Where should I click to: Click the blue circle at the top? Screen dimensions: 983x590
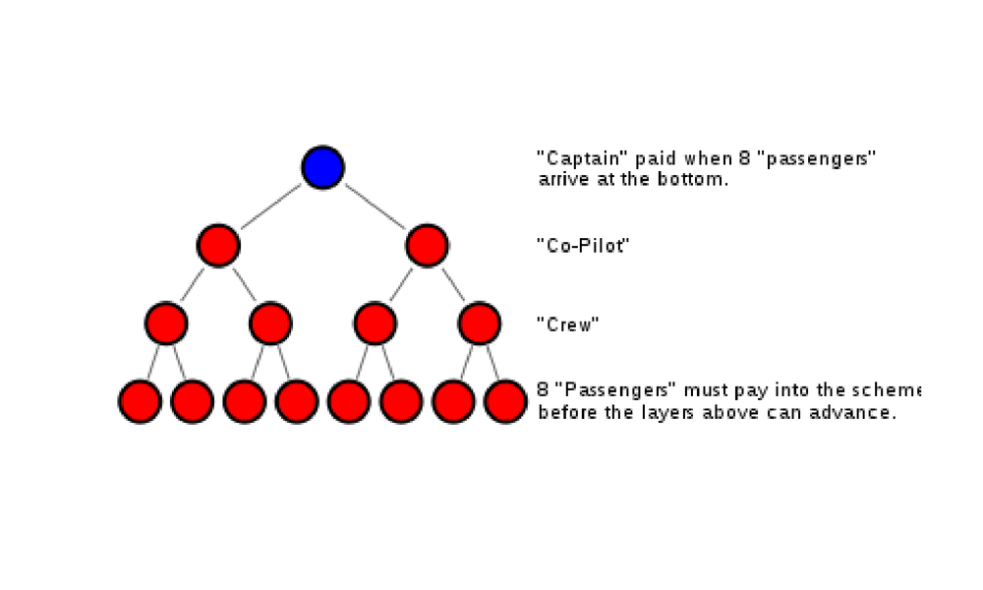point(322,167)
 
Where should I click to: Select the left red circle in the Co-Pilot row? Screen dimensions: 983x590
point(218,246)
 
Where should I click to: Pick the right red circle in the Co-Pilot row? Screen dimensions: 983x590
point(427,246)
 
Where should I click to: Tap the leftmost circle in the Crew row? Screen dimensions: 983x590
point(166,323)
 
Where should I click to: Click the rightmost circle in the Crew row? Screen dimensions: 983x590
point(480,323)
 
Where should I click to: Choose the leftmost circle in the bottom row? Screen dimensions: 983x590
point(140,401)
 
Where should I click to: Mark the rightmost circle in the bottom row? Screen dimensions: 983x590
point(505,401)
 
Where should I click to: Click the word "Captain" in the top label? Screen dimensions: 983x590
point(570,158)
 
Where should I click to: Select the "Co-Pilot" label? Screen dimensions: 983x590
point(582,246)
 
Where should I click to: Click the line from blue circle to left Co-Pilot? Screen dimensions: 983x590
point(271,206)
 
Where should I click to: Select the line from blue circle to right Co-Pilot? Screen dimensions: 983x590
point(375,206)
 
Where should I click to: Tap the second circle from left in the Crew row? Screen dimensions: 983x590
point(270,323)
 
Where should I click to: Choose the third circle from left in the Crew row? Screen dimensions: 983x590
point(375,323)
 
